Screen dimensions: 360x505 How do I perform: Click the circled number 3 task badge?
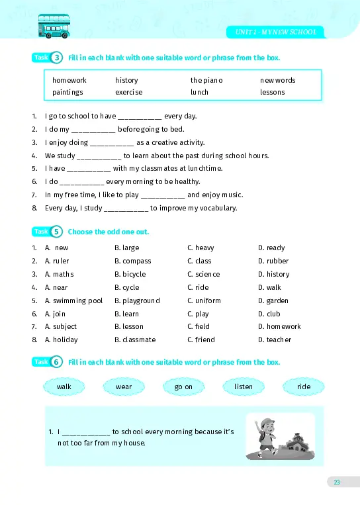click(x=58, y=58)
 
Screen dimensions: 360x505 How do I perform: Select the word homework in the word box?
click(x=69, y=80)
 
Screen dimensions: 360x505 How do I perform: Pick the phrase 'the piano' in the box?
click(x=206, y=80)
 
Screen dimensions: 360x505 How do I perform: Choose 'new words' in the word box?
click(x=278, y=80)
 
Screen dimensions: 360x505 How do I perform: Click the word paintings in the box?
click(x=67, y=92)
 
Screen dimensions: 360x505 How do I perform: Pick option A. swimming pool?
click(x=74, y=300)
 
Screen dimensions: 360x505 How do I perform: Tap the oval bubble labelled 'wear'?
click(x=124, y=387)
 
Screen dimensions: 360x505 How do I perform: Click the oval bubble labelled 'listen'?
click(x=244, y=387)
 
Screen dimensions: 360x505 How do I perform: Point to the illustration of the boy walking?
click(x=280, y=436)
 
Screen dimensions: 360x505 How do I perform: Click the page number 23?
click(x=336, y=482)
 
